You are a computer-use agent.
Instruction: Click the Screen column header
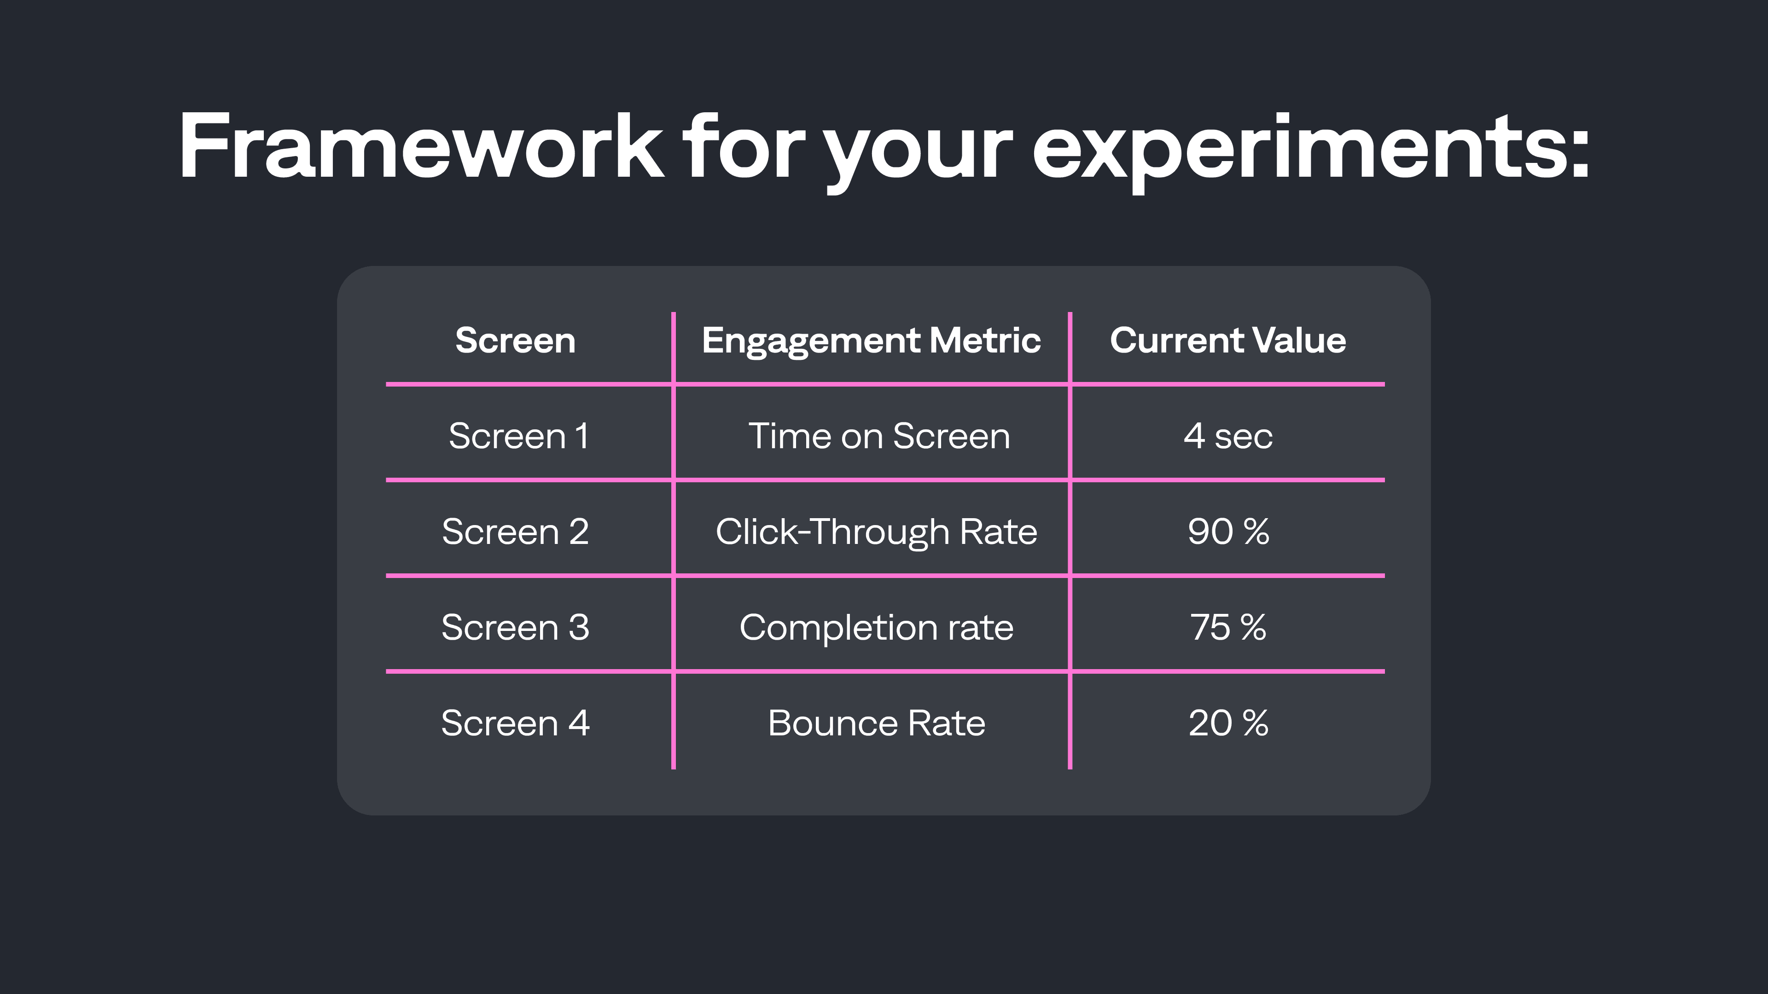515,340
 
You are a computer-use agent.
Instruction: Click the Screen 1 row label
518,436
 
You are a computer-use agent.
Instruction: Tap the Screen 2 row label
515,532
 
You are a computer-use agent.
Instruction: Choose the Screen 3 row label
515,627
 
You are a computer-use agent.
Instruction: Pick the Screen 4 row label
515,723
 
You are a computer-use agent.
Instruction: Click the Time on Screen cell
878,436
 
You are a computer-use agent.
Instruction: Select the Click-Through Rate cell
876,532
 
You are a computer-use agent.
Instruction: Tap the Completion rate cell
876,627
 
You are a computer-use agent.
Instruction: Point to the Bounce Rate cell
876,723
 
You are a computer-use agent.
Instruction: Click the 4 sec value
1228,436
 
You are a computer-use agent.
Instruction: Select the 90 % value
1228,532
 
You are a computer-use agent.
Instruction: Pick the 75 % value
1228,627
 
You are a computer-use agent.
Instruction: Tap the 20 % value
1228,723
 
